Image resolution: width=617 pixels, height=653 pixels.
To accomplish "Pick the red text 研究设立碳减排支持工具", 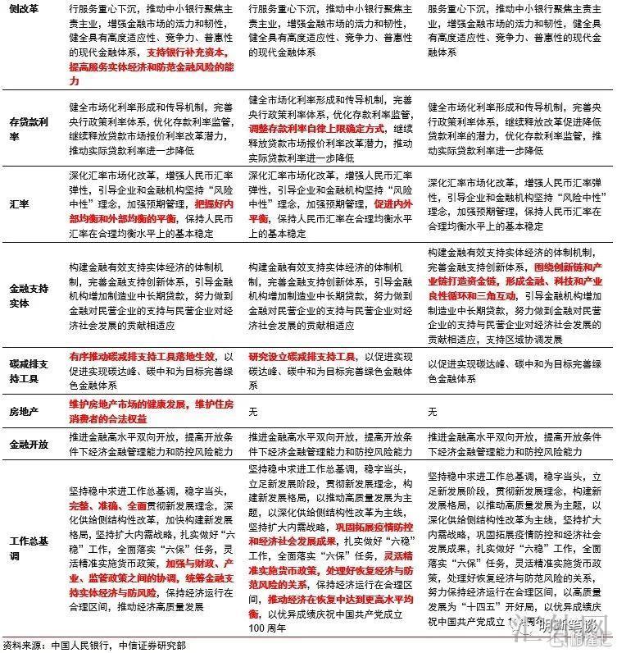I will [302, 358].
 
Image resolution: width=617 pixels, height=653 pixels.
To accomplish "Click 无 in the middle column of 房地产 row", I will [253, 410].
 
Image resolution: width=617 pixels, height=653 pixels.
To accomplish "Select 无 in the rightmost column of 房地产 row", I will [432, 410].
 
